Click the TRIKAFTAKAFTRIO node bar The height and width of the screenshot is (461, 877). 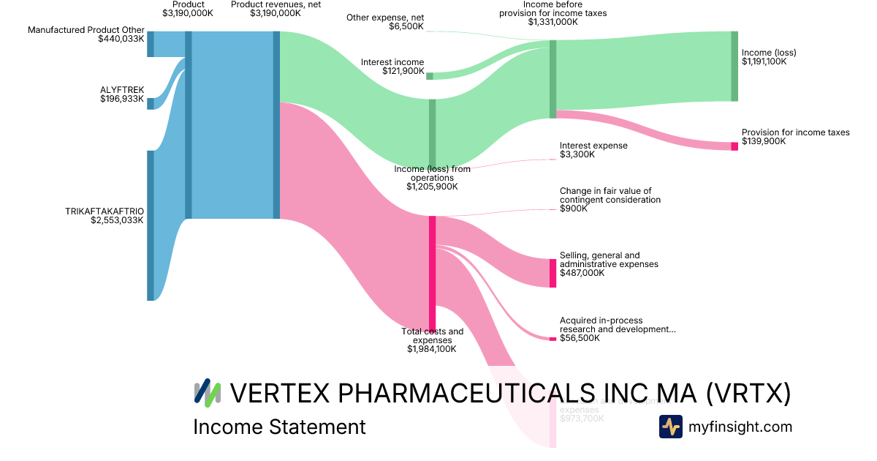[x=151, y=225]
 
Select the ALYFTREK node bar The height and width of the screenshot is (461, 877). [x=151, y=103]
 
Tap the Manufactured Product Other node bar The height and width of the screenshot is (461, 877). [x=151, y=44]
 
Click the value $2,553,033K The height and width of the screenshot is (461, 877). [x=117, y=220]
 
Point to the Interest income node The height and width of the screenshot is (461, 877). [x=430, y=76]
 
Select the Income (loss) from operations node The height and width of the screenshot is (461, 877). [x=432, y=133]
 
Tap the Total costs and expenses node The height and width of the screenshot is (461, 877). [x=432, y=273]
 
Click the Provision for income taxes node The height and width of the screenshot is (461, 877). [x=734, y=146]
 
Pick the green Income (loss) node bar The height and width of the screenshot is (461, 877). [x=734, y=66]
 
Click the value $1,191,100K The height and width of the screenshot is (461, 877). [x=764, y=62]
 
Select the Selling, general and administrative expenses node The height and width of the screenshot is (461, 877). [x=553, y=273]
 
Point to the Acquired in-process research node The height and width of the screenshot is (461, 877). [x=553, y=339]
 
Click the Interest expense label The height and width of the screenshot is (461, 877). [x=593, y=146]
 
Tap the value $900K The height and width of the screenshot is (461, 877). [x=572, y=209]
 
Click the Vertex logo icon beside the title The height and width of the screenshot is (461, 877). [x=208, y=392]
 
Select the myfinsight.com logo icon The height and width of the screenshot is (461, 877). [x=670, y=427]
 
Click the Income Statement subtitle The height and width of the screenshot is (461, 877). [x=279, y=427]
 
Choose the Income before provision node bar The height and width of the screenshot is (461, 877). [x=553, y=79]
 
